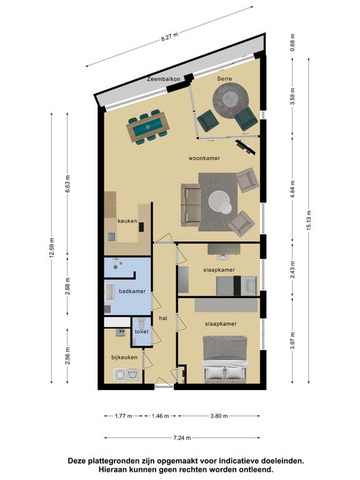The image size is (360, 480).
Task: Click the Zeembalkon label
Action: tap(164, 79)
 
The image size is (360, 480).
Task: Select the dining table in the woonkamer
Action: tap(148, 127)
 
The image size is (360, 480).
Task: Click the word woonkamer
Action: tap(204, 158)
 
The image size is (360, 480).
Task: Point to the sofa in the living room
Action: tap(191, 205)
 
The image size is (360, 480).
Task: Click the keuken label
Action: tap(127, 221)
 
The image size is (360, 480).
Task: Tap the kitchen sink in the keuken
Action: tap(111, 237)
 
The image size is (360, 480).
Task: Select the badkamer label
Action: tap(132, 291)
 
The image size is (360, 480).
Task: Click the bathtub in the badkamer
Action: tap(109, 292)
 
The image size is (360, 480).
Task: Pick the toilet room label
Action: tap(142, 331)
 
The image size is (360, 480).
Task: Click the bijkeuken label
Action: tap(124, 357)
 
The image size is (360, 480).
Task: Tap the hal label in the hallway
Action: tap(163, 318)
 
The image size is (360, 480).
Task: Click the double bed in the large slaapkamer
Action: tap(226, 359)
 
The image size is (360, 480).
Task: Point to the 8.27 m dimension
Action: tap(169, 37)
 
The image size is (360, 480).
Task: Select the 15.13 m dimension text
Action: tap(309, 221)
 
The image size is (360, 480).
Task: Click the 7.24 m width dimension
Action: tap(182, 437)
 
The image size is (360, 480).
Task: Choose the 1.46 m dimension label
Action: tap(160, 416)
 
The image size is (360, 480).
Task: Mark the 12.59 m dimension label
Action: tap(51, 247)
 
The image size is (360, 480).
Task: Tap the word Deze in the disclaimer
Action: tap(77, 461)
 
